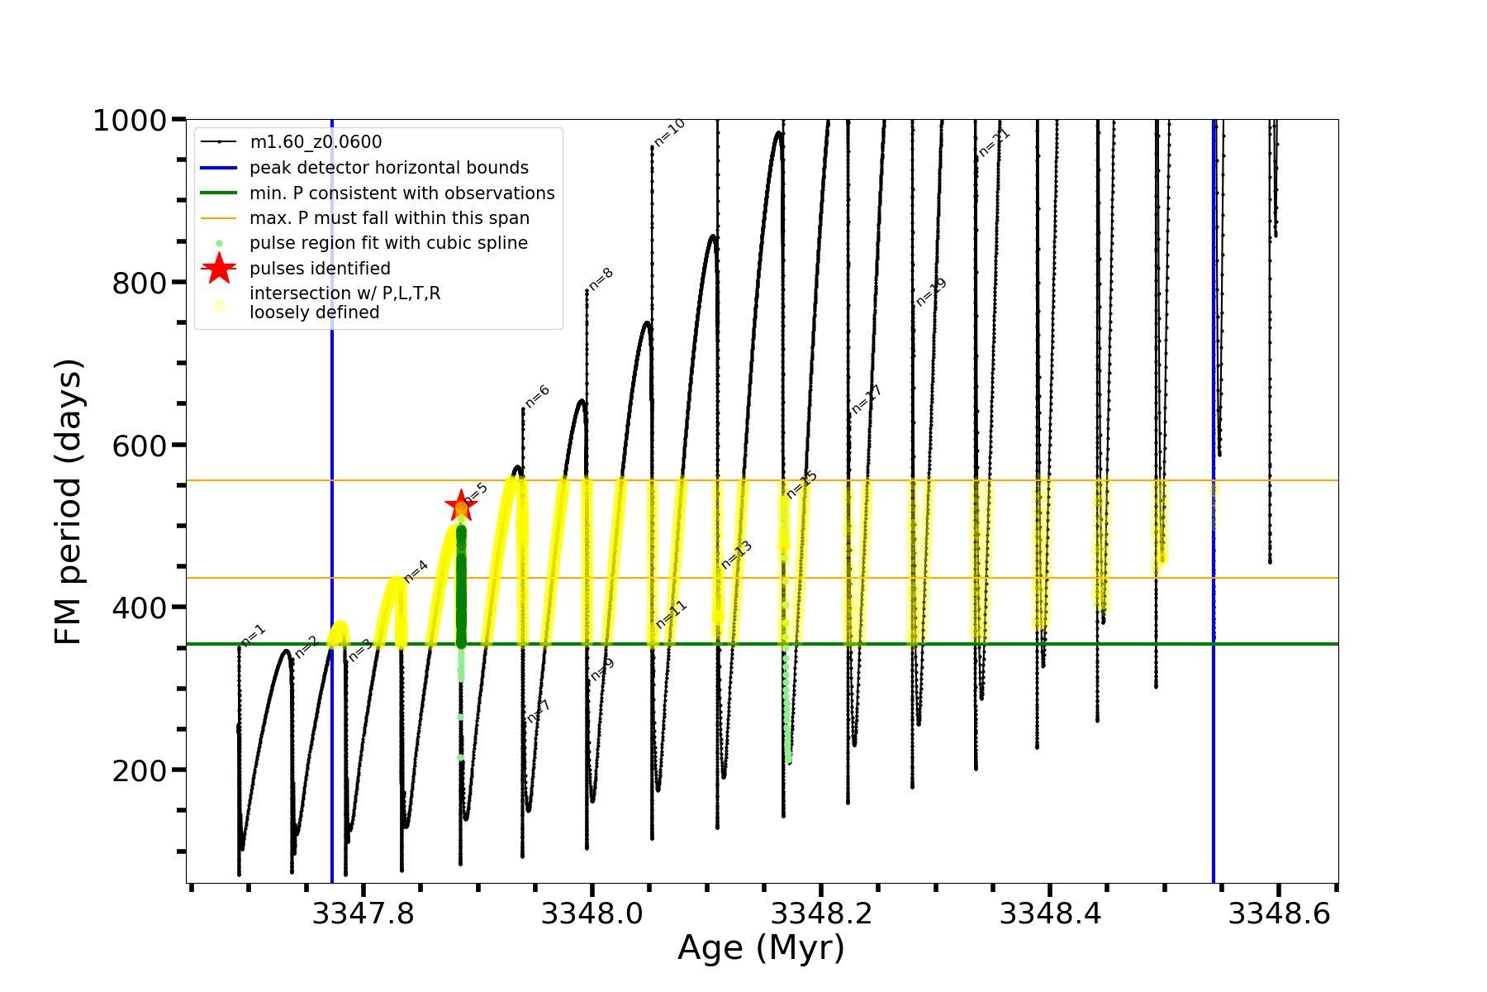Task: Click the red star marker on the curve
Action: tap(460, 504)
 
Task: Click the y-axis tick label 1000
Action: tap(130, 121)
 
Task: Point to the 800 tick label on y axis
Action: tap(140, 284)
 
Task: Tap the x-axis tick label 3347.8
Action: tap(363, 913)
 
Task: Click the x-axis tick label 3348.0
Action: tap(591, 913)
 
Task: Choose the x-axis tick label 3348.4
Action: tap(1050, 913)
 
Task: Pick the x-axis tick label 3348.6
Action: tap(1279, 913)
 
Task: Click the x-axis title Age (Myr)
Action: tap(761, 948)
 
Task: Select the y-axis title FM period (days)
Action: tap(69, 502)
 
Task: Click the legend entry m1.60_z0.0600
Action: tap(316, 142)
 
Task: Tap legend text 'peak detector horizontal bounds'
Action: tap(388, 168)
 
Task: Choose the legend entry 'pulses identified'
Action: tap(320, 269)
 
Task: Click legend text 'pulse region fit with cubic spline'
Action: tap(388, 243)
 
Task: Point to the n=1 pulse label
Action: tap(253, 635)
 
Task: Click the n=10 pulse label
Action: tap(669, 132)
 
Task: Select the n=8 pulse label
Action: tap(601, 279)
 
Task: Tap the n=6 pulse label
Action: tap(537, 397)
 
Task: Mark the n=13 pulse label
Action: tap(736, 555)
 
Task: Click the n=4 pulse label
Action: tap(416, 572)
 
